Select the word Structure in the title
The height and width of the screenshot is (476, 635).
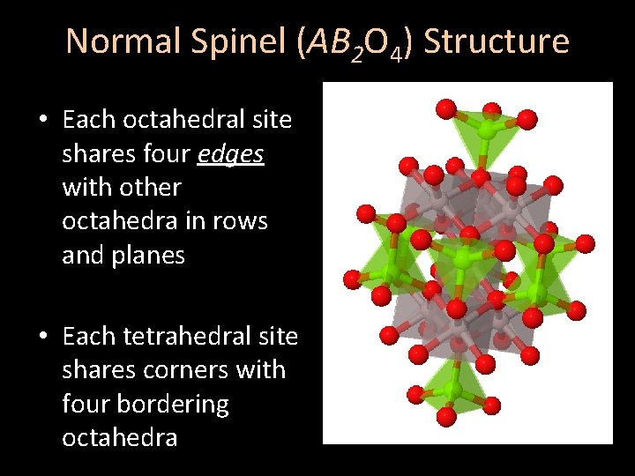pos(497,41)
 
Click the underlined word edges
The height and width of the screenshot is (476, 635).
pos(231,153)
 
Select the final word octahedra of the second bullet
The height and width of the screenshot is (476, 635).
pos(119,438)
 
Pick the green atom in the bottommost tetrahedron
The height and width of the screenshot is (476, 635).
pos(456,387)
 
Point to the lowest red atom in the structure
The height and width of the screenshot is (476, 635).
pos(446,414)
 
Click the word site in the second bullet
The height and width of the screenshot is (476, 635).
pos(277,337)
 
